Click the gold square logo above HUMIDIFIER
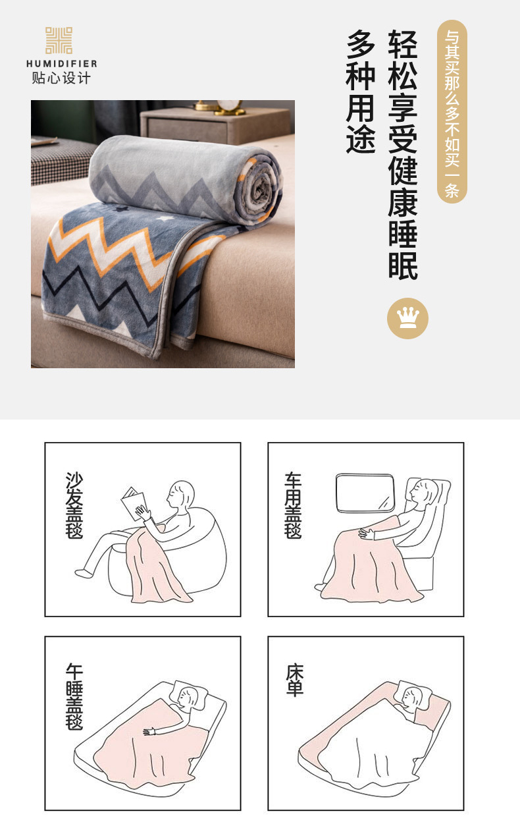(x=59, y=40)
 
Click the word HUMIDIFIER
(x=62, y=64)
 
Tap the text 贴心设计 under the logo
(x=61, y=78)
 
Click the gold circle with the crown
(x=407, y=318)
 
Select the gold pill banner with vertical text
(x=452, y=111)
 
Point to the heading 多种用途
(x=361, y=92)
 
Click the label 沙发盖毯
(x=74, y=505)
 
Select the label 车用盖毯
(x=293, y=505)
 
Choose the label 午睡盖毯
(x=74, y=697)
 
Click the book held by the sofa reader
(x=134, y=503)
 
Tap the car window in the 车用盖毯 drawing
(x=365, y=493)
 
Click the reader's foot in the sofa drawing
(x=84, y=572)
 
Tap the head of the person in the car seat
(x=425, y=491)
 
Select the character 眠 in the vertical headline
(x=403, y=265)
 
